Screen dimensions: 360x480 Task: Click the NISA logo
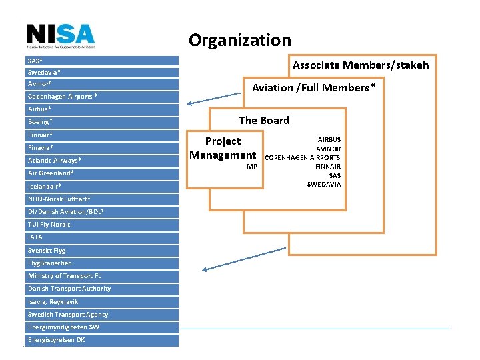[x=61, y=36]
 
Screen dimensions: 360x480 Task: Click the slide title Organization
[x=239, y=40]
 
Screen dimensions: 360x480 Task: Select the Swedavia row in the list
[x=103, y=72]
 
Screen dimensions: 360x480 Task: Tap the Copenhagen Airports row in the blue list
[x=103, y=97]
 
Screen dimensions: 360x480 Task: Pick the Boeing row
[x=103, y=122]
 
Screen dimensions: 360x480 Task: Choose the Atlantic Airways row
[x=103, y=161]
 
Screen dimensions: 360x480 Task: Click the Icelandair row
[x=103, y=186]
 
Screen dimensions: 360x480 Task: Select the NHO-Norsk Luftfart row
[x=103, y=199]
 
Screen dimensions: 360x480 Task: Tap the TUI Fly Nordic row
[x=103, y=225]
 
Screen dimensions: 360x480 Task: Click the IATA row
[x=103, y=237]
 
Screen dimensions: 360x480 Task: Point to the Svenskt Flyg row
[x=103, y=251]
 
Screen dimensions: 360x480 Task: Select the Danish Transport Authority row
[x=103, y=289]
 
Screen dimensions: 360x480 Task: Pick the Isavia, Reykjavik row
[x=103, y=301]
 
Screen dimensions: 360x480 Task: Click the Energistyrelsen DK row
[x=103, y=340]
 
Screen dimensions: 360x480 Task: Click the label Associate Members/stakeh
[x=361, y=65]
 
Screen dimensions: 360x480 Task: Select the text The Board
[x=264, y=121]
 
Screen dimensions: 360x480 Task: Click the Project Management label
[x=223, y=148]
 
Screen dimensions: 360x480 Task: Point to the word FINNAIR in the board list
[x=327, y=166]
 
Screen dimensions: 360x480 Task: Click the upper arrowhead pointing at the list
[x=190, y=103]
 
